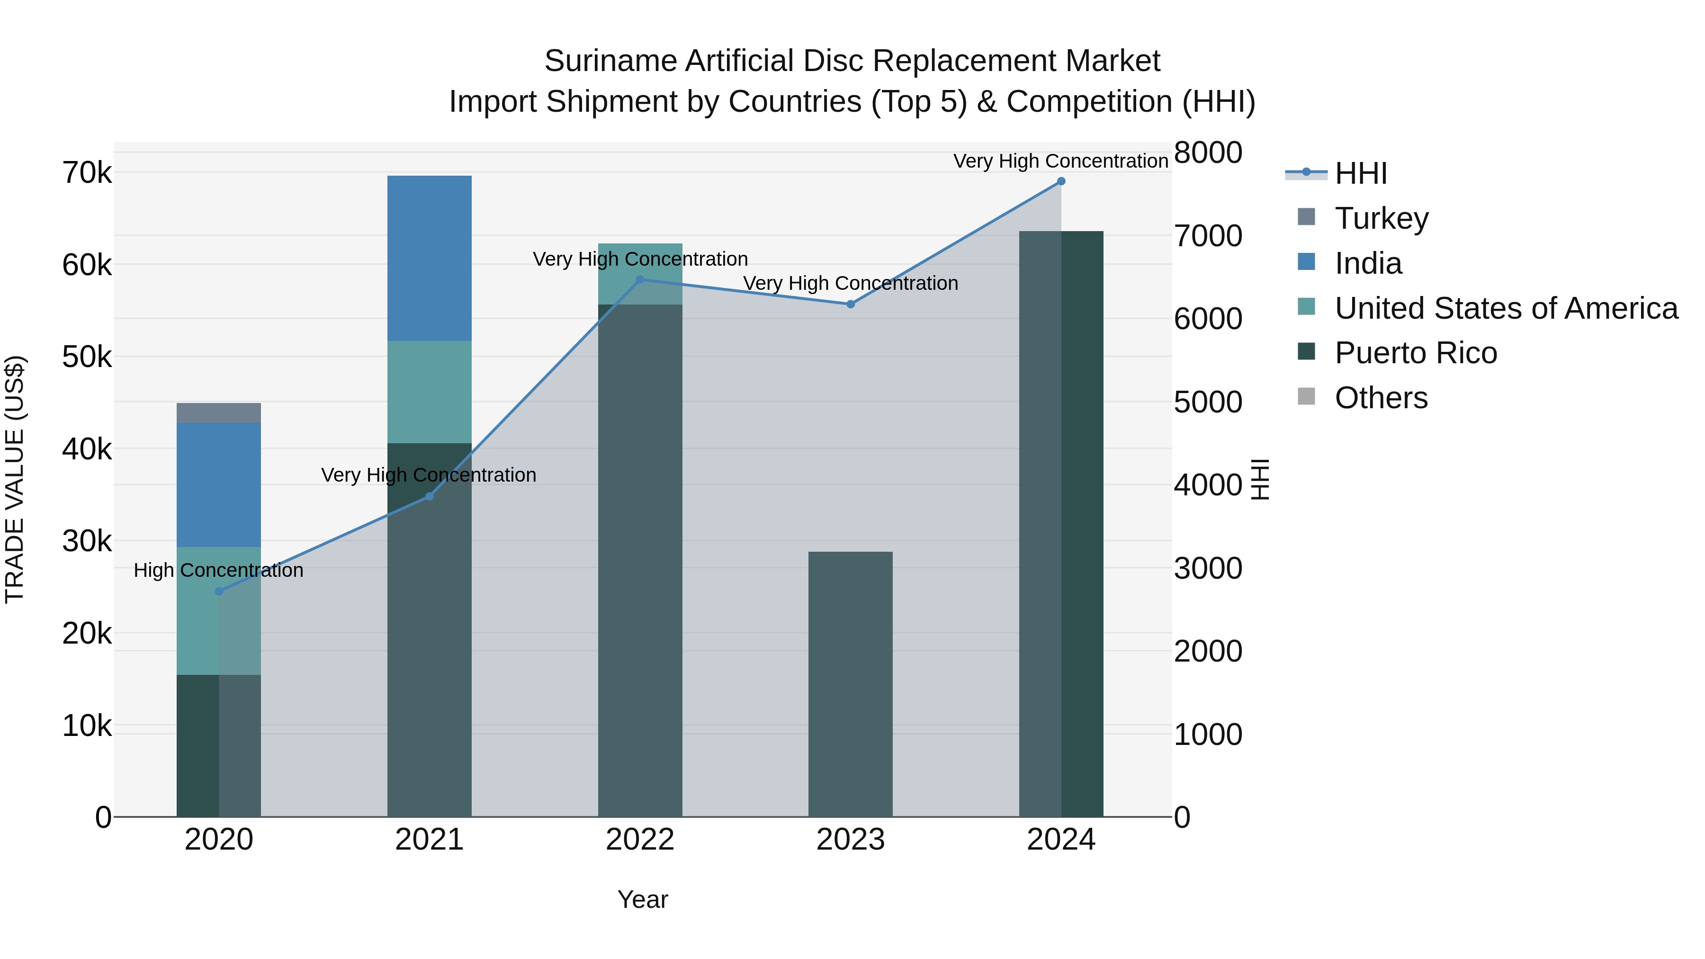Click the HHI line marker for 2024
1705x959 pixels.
(1061, 181)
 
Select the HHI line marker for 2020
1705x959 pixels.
(219, 591)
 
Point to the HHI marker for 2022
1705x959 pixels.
(640, 280)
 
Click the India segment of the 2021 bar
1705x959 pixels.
(429, 258)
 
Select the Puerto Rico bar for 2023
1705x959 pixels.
(851, 684)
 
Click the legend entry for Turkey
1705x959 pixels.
(1382, 218)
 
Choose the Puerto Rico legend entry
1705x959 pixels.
(1415, 353)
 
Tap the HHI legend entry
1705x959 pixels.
(1360, 173)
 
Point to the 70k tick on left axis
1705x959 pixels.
(87, 173)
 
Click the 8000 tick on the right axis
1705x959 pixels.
(1208, 153)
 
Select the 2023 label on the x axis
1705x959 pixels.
(851, 840)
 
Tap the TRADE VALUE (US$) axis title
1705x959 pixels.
(15, 479)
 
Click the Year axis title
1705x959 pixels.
(642, 899)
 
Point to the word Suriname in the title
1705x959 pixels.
(610, 61)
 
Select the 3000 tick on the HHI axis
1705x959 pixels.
(1208, 568)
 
